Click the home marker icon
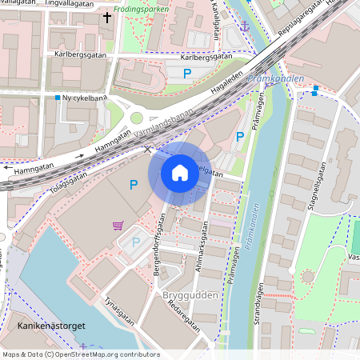click(180, 172)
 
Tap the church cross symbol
click(107, 16)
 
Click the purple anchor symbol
click(246, 27)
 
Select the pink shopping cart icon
click(118, 225)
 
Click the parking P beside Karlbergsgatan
click(188, 74)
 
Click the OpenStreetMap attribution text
click(80, 354)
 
